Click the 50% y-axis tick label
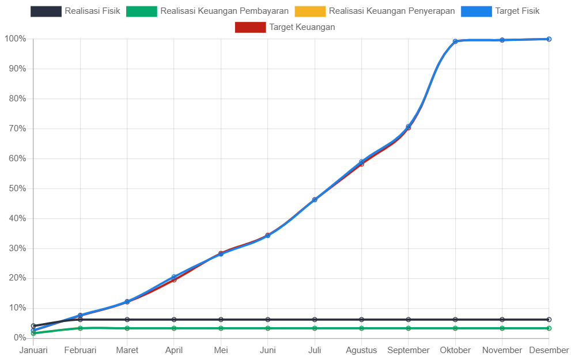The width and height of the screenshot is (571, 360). pos(17,188)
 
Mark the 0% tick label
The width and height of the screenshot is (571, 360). pos(19,338)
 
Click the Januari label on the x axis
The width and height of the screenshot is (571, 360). pos(33,350)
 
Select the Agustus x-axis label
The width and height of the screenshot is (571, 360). pos(361,350)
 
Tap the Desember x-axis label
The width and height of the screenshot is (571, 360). pos(549,350)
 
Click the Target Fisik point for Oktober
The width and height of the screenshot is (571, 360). pos(455,41)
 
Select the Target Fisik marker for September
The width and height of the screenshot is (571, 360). pos(408,126)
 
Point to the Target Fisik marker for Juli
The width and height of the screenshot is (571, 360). pos(315,200)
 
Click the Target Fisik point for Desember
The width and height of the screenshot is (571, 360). pos(549,39)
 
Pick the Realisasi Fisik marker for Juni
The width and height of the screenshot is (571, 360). pos(267,320)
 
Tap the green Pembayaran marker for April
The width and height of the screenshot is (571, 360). pos(174,328)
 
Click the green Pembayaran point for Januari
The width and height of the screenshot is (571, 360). pos(33,333)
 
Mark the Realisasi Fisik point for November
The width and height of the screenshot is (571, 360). pos(502,320)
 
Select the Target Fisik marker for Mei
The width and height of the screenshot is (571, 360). pos(221,254)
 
